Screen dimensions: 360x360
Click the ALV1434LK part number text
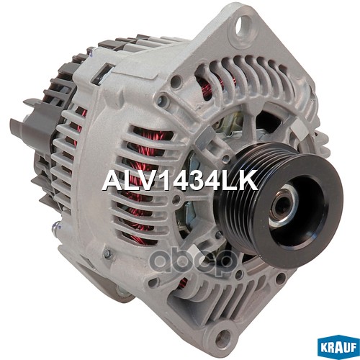coord(180,180)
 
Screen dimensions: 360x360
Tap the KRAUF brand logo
coord(338,348)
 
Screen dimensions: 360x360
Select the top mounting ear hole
coord(243,24)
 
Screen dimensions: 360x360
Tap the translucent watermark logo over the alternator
coord(193,261)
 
